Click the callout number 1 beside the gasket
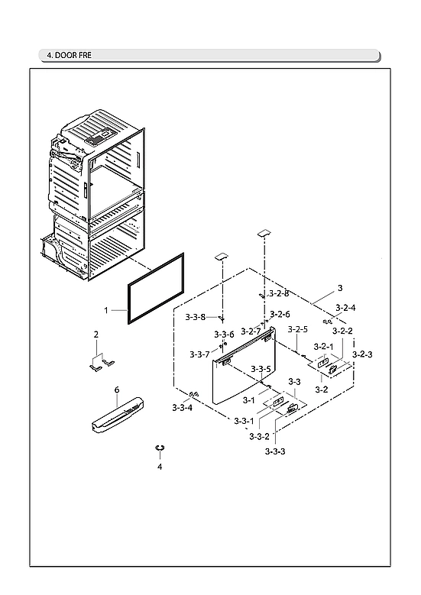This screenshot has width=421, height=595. coord(107,311)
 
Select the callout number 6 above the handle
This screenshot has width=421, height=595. coord(116,390)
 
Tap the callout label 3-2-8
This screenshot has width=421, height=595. coord(279,293)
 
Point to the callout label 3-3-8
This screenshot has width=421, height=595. coord(195,317)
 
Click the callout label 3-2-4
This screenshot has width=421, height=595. coord(345,308)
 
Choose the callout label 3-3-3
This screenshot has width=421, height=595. coord(275,451)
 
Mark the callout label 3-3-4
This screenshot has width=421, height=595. coord(182,408)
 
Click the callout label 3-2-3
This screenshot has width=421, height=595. coord(362,354)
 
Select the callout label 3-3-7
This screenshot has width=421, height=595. coord(199,354)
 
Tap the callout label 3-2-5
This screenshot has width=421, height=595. coord(298,330)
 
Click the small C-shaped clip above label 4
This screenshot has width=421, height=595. coord(160,447)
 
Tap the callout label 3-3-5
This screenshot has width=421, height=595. coord(261,370)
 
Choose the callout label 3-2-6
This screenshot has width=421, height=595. coord(280,314)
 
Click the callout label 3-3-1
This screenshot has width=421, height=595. coord(245,421)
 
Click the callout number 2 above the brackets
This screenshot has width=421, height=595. coord(96,335)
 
